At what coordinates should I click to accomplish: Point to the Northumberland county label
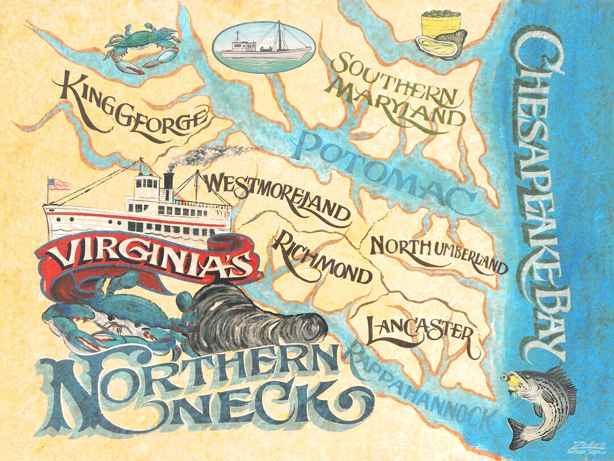[x=438, y=254]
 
